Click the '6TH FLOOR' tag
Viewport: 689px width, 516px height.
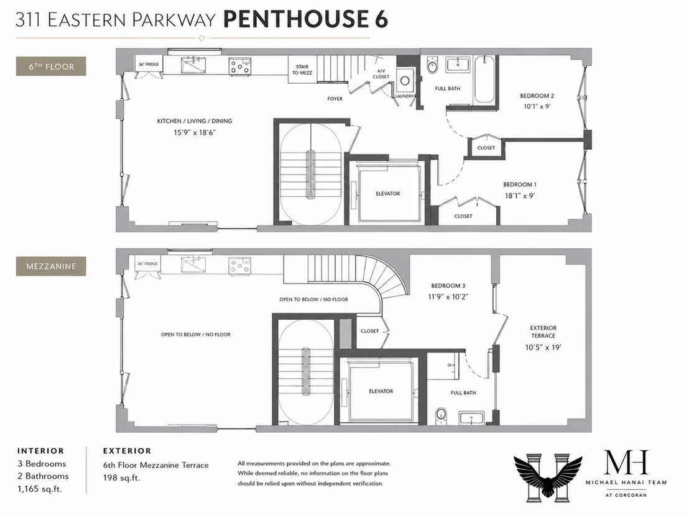click(51, 66)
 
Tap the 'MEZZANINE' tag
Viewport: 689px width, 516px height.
click(51, 266)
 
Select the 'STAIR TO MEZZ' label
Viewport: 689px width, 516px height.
click(302, 70)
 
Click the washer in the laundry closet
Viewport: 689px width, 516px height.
click(405, 80)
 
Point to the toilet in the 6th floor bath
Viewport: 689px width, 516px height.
click(432, 66)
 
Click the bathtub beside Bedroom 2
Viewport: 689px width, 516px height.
click(484, 79)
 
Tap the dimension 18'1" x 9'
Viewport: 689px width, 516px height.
click(520, 196)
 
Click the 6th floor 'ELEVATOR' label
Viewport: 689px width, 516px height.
click(387, 194)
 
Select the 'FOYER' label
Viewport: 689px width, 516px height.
click(335, 99)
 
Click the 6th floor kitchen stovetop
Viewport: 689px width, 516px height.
click(240, 66)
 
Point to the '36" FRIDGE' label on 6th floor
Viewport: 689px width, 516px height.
click(149, 65)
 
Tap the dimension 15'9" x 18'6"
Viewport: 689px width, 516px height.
click(195, 132)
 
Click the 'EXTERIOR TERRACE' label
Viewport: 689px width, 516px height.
click(543, 332)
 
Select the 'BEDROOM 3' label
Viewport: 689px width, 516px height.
click(448, 286)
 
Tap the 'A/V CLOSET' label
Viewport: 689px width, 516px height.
click(381, 74)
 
